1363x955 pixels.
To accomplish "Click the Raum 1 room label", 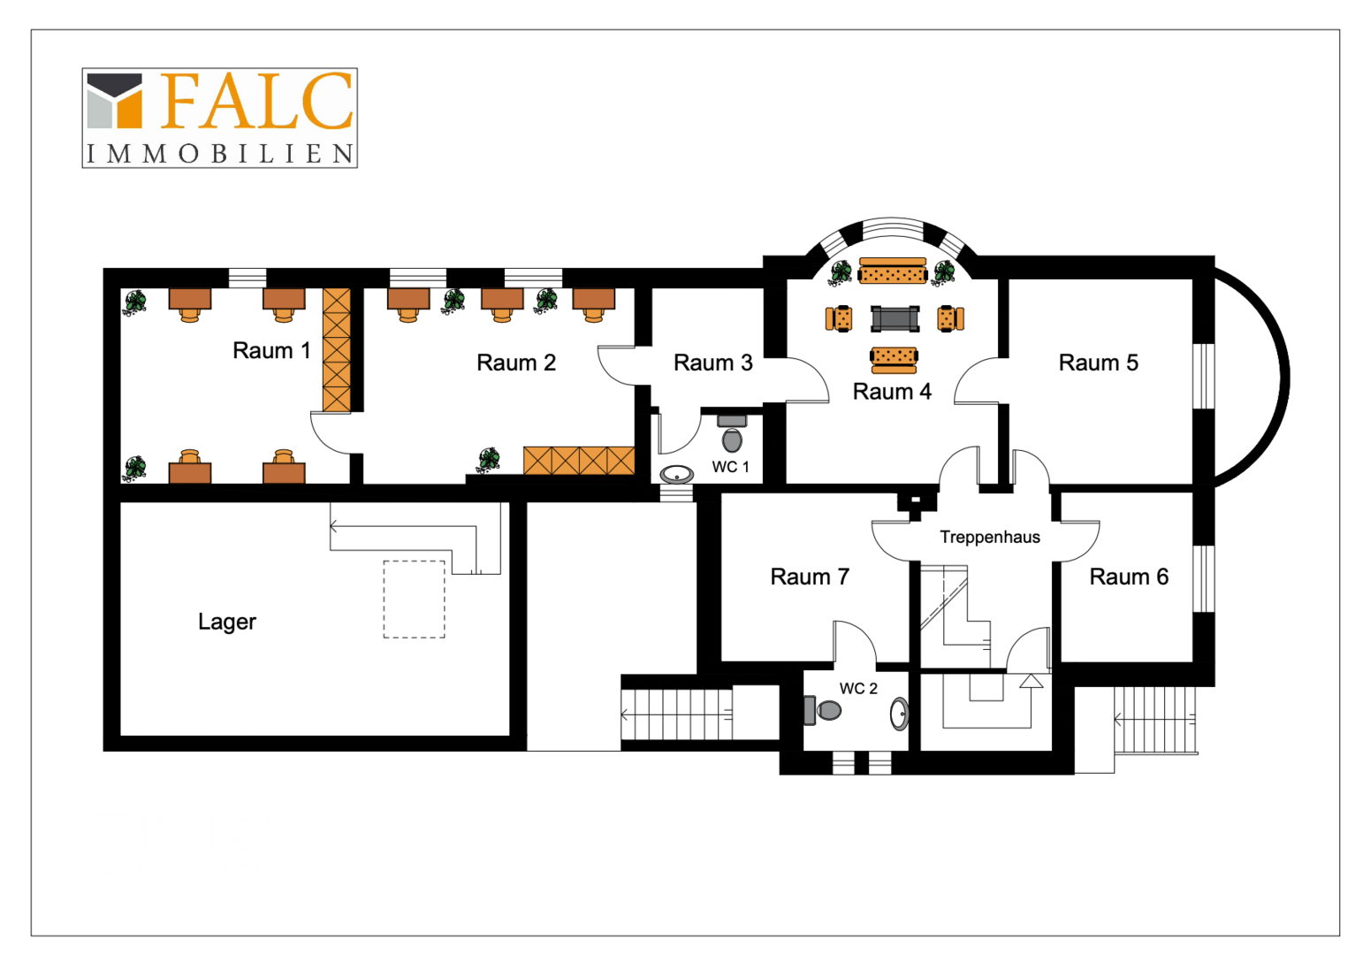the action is tap(271, 350).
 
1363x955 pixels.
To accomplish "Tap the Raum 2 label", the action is tap(516, 363).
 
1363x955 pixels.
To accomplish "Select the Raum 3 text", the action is tap(713, 363).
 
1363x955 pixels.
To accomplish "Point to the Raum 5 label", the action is tap(1099, 363).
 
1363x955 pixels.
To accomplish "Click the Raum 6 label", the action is tap(1129, 577).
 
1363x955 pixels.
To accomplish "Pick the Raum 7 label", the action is tap(810, 577).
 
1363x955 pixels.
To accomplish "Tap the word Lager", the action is tap(227, 622).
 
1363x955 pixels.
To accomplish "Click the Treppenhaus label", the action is tap(990, 537).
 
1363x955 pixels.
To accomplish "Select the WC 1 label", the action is tap(730, 467).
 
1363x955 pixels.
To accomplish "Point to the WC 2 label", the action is tap(858, 689).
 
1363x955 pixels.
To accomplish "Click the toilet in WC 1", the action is tap(732, 433).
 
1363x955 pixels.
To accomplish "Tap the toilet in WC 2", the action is tap(823, 710).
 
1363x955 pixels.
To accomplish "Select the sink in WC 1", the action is tap(676, 474).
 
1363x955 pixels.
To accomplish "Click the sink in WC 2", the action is tap(900, 714).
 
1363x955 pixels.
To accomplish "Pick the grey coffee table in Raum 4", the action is tap(895, 319).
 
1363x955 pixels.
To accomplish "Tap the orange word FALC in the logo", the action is tap(256, 101).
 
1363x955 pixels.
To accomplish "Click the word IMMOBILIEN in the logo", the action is tap(220, 154).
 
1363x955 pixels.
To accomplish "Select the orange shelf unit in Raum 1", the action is tap(337, 350).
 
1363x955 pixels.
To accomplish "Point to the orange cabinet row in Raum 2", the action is tap(579, 461).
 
